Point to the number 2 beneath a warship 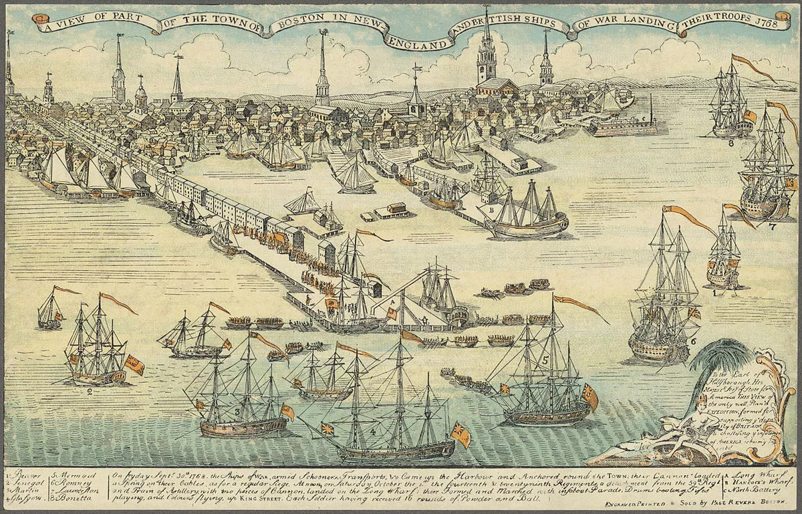(x=89, y=392)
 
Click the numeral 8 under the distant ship (x=731, y=142)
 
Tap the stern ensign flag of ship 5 (x=589, y=396)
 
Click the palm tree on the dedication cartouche (x=715, y=358)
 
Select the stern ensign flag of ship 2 (x=133, y=365)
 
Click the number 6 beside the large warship (x=693, y=341)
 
